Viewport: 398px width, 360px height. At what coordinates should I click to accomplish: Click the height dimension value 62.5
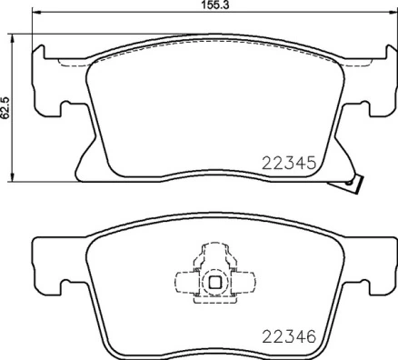coord(5,105)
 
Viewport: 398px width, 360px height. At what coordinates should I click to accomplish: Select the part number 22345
coord(288,165)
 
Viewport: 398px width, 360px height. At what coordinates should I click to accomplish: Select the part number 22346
coord(288,336)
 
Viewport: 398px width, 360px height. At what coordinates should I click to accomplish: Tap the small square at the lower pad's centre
coord(214,282)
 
